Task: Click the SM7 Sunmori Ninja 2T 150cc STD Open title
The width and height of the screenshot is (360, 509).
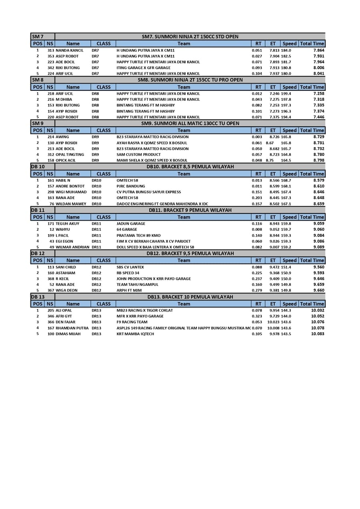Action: click(190, 36)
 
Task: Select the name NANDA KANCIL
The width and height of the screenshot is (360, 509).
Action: click(70, 50)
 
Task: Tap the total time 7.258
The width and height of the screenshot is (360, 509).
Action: click(319, 94)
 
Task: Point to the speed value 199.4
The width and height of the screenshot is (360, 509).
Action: click(286, 94)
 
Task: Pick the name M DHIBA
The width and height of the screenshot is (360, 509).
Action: click(64, 100)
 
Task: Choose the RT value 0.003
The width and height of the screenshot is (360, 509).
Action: click(257, 137)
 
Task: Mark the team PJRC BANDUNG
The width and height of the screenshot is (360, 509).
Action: click(131, 186)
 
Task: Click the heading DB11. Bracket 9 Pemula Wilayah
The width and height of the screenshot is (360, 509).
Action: click(190, 210)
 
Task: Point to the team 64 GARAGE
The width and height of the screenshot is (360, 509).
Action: click(127, 230)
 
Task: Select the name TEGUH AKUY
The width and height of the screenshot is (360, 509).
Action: click(68, 224)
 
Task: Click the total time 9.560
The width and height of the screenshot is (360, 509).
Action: click(319, 267)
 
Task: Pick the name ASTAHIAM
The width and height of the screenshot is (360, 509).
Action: click(65, 273)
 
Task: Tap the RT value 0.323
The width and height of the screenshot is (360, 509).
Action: click(257, 316)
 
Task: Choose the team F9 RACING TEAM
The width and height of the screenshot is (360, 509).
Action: click(132, 322)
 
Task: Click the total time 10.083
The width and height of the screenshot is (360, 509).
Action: click(318, 334)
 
